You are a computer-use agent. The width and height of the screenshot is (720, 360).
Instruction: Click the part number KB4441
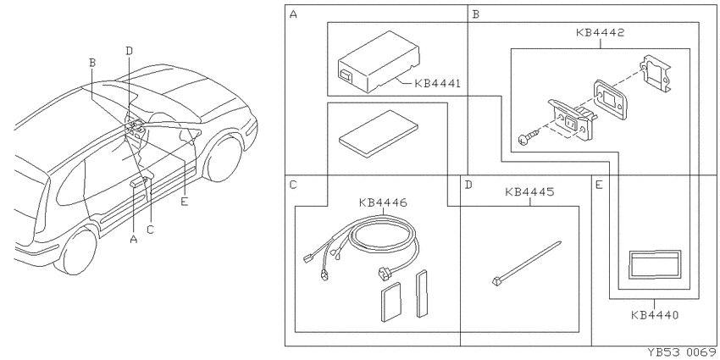click(x=437, y=84)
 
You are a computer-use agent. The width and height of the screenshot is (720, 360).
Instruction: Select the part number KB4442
click(x=600, y=32)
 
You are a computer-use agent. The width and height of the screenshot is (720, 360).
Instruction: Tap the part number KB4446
click(x=383, y=202)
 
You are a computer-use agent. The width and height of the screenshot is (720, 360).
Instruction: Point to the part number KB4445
click(x=529, y=191)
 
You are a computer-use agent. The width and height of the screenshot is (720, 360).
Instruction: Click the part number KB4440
click(x=654, y=315)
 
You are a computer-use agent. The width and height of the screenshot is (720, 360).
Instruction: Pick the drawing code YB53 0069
click(x=683, y=352)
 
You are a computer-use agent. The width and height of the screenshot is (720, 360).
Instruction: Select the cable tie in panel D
click(x=526, y=263)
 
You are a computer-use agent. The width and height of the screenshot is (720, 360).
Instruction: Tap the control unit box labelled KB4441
click(x=379, y=62)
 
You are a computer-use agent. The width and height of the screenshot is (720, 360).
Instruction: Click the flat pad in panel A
click(x=379, y=134)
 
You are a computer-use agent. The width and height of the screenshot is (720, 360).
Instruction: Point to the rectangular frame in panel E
click(x=655, y=265)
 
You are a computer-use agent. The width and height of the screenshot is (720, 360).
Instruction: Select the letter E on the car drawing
click(x=185, y=202)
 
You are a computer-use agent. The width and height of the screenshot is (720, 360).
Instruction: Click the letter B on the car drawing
click(x=92, y=63)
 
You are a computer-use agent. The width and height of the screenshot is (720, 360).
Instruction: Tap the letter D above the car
click(x=130, y=51)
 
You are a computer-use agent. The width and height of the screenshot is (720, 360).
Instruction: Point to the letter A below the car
click(x=134, y=239)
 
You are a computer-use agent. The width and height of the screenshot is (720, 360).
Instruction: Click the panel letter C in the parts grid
click(x=293, y=185)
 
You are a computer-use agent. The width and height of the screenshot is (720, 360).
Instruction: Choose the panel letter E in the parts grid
click(x=599, y=185)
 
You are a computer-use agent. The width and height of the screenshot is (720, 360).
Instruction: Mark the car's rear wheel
click(x=77, y=250)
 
